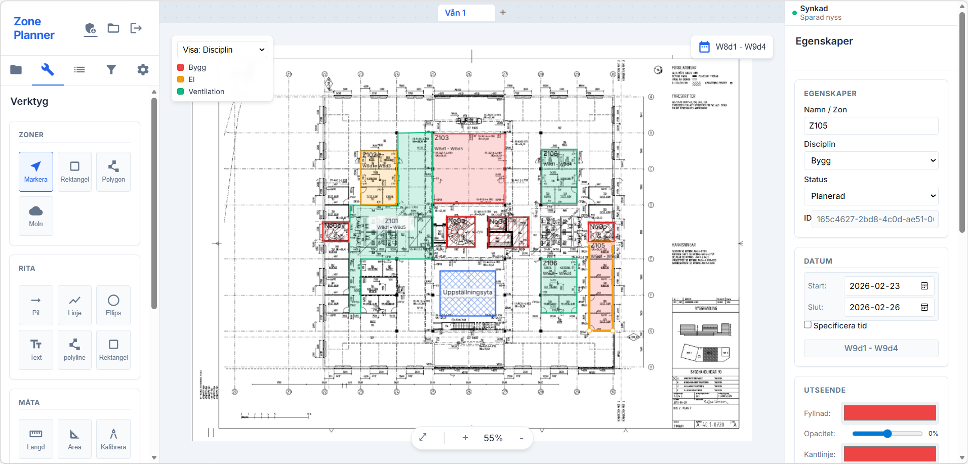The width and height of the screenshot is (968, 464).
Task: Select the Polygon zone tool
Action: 113,172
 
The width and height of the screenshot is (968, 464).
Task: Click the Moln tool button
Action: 36,216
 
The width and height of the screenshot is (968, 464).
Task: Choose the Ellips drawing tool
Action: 113,305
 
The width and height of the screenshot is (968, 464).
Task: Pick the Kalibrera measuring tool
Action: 113,439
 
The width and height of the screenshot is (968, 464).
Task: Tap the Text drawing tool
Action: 36,350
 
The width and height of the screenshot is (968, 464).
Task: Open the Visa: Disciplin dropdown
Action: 222,50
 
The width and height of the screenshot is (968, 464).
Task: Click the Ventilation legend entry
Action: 206,92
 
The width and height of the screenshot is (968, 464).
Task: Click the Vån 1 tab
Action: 456,13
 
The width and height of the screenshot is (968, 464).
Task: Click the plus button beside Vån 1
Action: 503,12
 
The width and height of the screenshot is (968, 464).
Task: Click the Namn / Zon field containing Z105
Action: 871,125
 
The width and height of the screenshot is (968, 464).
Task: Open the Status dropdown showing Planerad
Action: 871,196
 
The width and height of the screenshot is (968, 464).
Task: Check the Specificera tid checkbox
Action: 808,325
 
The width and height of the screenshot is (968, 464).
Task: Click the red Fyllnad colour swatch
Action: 890,413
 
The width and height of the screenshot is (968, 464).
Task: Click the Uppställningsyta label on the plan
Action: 467,292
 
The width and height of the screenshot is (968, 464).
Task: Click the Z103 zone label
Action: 441,138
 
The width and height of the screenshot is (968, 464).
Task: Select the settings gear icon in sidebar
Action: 143,70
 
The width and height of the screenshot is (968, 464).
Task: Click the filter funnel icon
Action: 111,70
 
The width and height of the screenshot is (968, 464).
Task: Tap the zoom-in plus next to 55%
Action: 465,438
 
